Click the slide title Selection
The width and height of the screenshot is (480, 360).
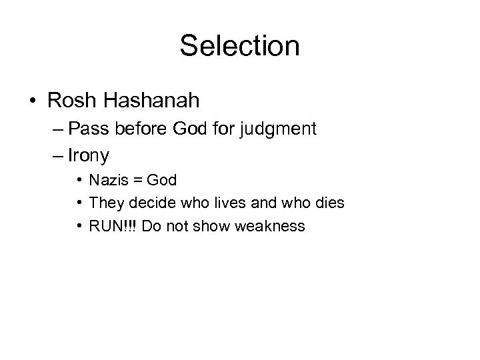239,46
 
